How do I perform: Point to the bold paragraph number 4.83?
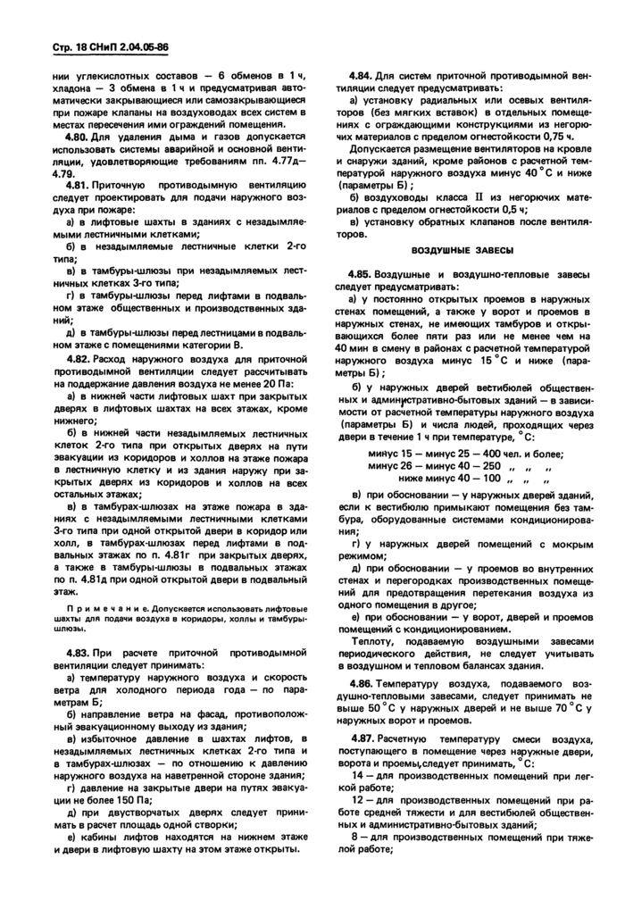click(79, 652)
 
